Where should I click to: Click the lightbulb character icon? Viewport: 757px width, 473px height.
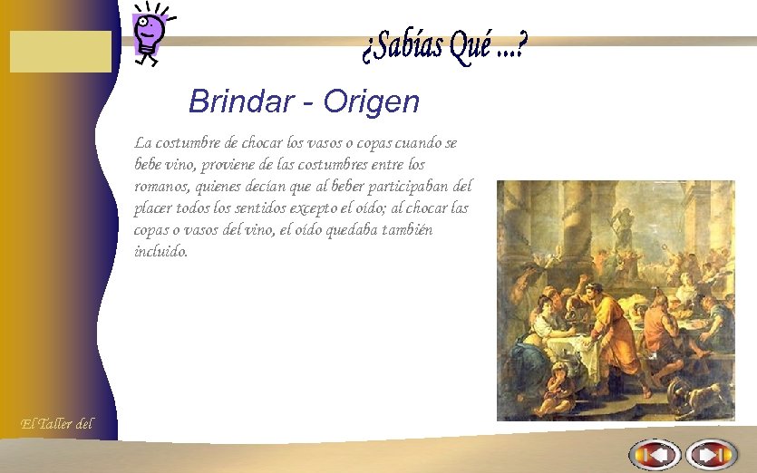click(149, 33)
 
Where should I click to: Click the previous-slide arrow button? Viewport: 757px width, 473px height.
click(655, 454)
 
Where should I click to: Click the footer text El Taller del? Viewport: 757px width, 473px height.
click(56, 423)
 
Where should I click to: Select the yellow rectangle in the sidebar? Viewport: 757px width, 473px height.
click(61, 51)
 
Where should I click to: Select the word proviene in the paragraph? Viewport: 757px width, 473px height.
click(231, 165)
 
